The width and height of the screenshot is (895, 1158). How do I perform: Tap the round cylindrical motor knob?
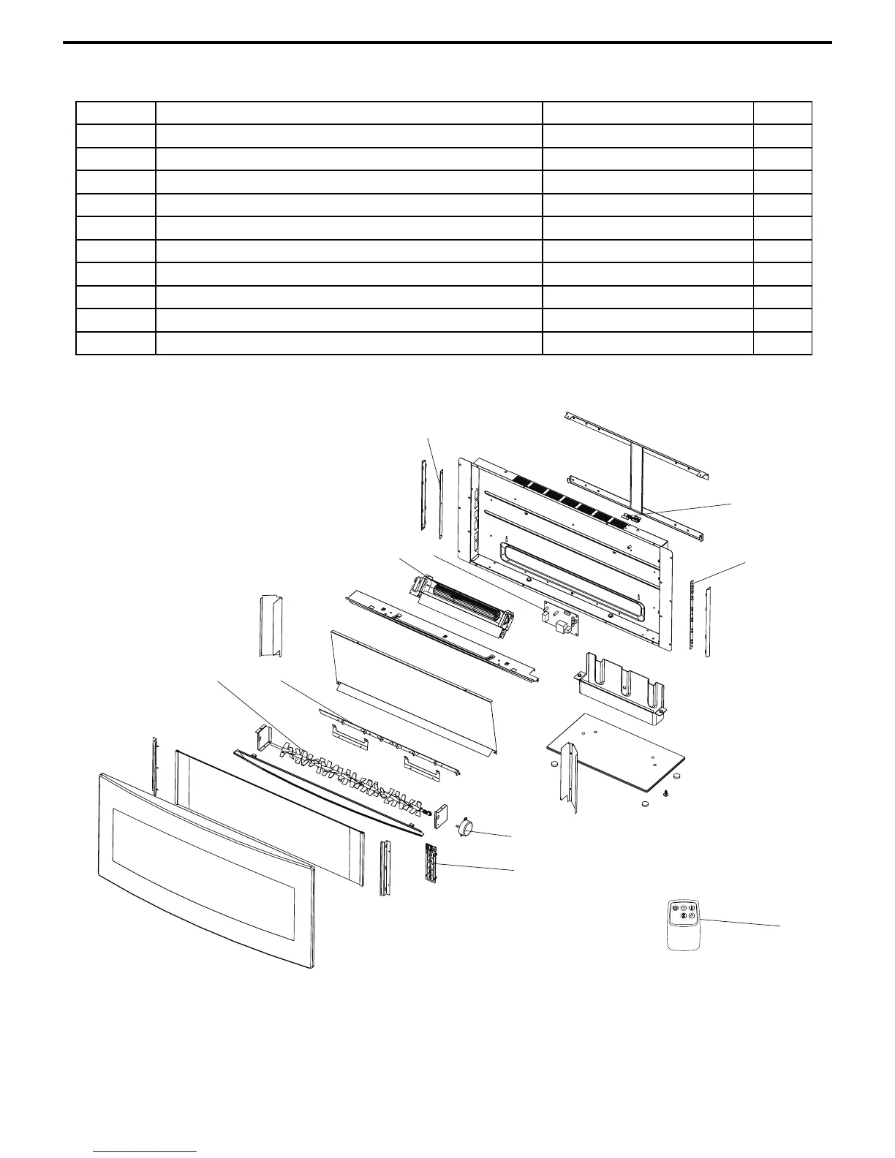tap(465, 827)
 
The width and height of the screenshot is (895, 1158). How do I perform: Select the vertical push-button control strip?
tap(435, 863)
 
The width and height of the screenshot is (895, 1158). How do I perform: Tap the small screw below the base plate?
tap(666, 792)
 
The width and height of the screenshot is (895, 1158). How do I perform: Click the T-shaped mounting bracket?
tap(636, 468)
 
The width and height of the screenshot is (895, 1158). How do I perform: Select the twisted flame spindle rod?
tap(351, 775)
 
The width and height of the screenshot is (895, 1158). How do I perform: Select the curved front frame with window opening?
tap(205, 870)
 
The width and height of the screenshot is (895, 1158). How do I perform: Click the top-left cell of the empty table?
tap(116, 113)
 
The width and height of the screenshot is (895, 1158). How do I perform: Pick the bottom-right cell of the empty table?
tap(782, 344)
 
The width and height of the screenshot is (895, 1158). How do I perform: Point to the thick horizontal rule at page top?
tap(447, 42)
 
